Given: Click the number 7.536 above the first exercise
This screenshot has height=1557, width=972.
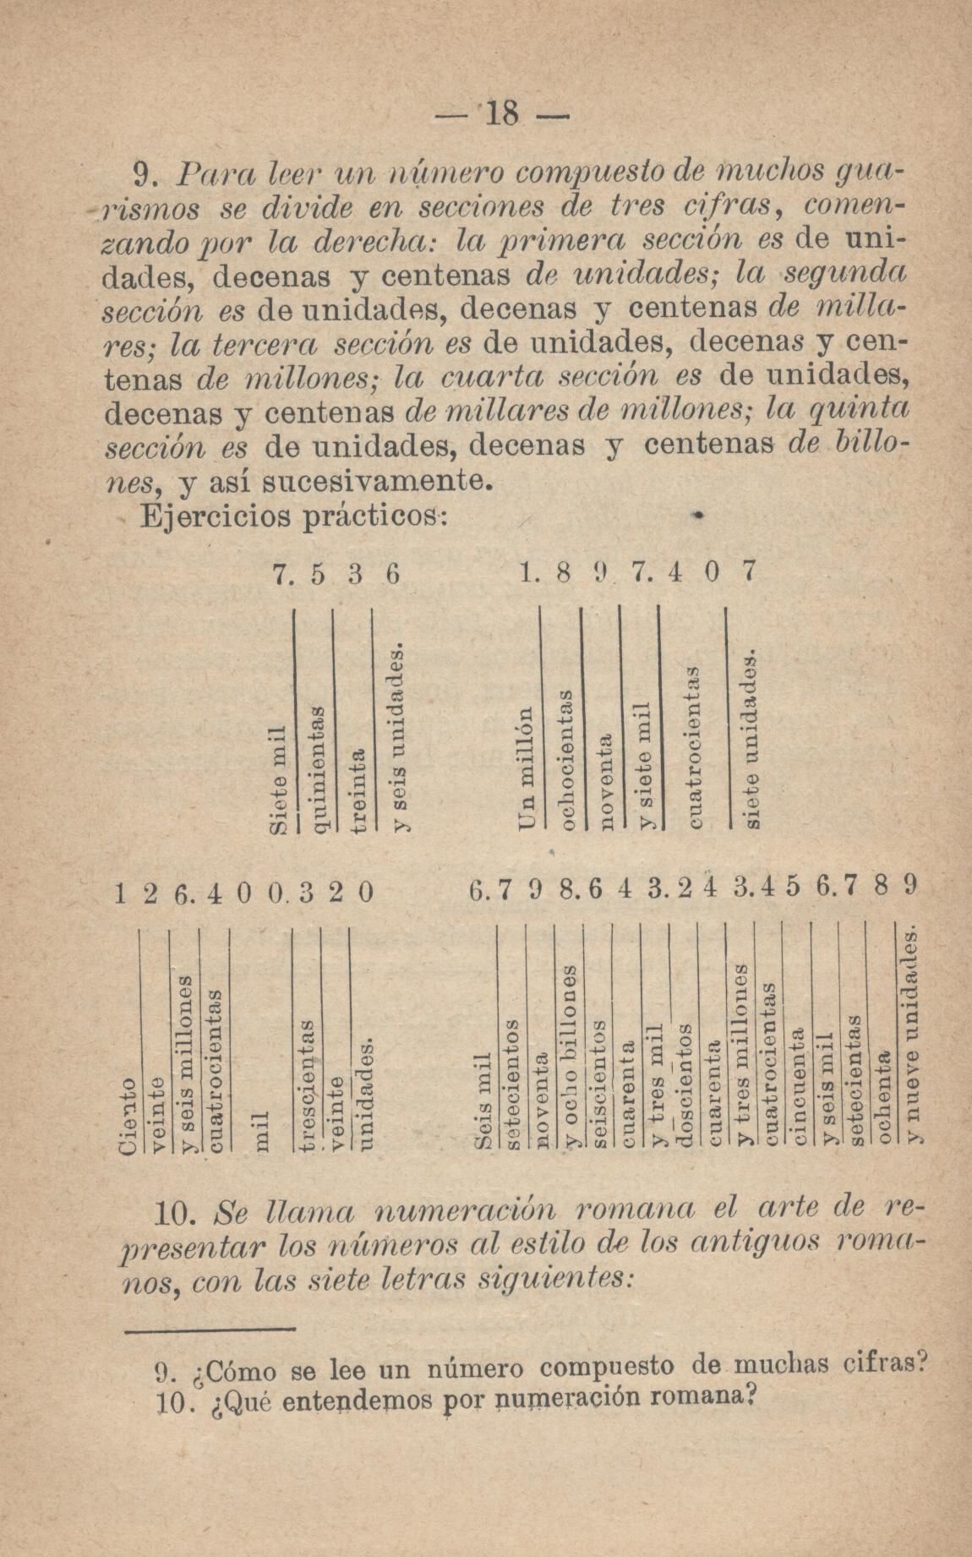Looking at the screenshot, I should [x=336, y=574].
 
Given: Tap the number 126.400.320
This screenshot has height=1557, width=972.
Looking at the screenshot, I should [x=243, y=893].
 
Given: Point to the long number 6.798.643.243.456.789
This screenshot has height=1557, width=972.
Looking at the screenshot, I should [x=691, y=889].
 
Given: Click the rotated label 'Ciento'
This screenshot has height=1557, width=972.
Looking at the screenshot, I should [x=127, y=1116].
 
